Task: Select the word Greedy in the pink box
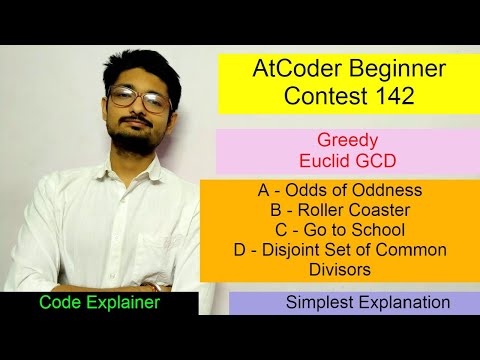[338, 141]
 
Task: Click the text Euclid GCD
[338, 161]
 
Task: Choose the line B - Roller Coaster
[338, 210]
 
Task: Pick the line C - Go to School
[338, 229]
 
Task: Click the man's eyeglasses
[139, 96]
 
